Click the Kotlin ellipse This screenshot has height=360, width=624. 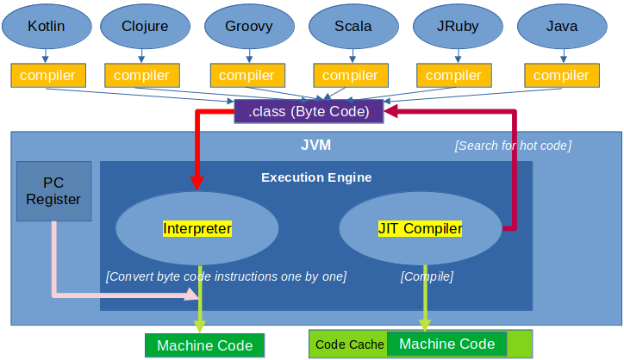tap(47, 26)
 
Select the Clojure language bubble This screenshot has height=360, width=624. tap(146, 26)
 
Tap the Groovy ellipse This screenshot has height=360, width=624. tap(250, 26)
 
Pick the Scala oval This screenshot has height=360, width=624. tap(353, 26)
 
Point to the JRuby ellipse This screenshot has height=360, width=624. tap(458, 26)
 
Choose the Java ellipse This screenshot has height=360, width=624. tap(562, 26)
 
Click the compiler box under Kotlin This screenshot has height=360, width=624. tap(48, 75)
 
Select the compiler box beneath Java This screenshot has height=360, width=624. tap(562, 75)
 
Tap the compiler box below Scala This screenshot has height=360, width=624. tap(351, 75)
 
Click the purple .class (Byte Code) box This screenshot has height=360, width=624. tap(309, 111)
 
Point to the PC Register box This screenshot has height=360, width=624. tap(53, 191)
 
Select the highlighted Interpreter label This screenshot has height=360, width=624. tap(197, 229)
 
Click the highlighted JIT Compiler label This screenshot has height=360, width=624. tap(421, 229)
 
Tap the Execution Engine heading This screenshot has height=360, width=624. tap(316, 177)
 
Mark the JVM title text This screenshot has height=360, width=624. tap(316, 146)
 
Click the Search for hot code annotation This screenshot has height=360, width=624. tap(514, 146)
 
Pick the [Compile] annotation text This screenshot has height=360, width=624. tap(427, 276)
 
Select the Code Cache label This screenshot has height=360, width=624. tap(349, 344)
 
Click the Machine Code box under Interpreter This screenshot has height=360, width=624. tap(204, 345)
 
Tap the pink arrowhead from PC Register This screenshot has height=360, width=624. tap(192, 295)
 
